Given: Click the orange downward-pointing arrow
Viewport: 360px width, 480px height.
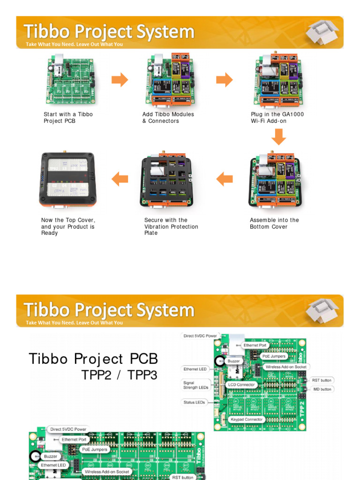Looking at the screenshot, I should (278, 136).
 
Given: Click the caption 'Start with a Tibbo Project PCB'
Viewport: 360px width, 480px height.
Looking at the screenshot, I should (68, 118).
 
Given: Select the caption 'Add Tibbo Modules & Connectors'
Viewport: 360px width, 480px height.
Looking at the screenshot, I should (168, 118).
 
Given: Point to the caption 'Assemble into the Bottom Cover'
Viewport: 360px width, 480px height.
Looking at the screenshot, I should (274, 224).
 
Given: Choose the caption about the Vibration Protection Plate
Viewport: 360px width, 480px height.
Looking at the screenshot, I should (171, 226).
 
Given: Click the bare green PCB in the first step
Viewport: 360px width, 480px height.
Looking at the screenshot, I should (70, 80).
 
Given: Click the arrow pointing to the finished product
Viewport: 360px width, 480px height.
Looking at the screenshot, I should (120, 179).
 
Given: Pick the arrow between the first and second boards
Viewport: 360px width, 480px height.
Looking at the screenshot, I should (120, 80).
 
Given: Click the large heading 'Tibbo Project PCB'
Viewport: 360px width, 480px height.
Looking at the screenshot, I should (93, 359).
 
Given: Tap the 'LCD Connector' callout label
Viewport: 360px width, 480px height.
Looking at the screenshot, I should (241, 385).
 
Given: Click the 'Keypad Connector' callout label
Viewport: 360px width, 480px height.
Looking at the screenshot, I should (246, 420).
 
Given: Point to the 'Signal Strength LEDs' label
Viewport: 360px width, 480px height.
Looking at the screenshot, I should (195, 385).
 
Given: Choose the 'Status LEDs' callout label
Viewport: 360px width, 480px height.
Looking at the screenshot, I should (194, 402).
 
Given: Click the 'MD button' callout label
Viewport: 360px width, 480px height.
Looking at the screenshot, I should (322, 389).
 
